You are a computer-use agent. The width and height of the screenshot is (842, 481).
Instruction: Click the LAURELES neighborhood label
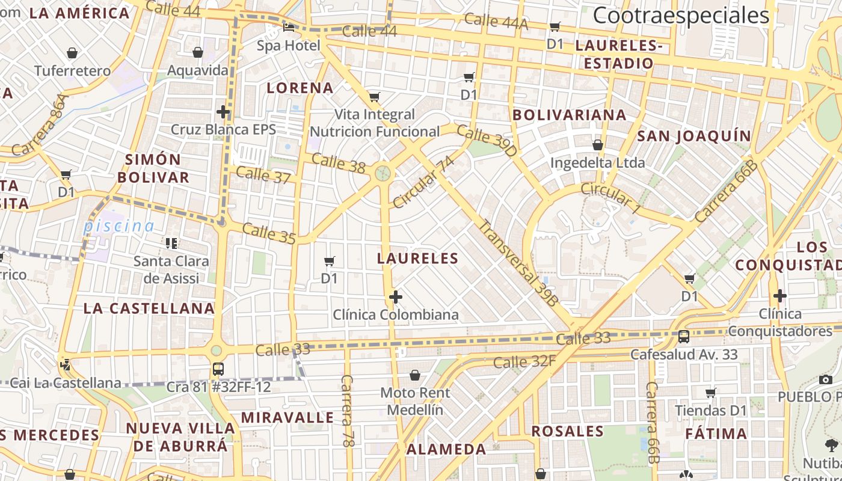pyautogui.click(x=417, y=259)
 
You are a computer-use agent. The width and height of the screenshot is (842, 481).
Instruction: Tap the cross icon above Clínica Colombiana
pyautogui.click(x=396, y=296)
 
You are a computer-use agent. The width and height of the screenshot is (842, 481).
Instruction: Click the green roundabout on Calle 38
pyautogui.click(x=383, y=173)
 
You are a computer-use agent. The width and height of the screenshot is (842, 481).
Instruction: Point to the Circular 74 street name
pyautogui.click(x=423, y=182)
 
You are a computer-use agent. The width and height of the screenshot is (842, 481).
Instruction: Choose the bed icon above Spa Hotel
pyautogui.click(x=289, y=27)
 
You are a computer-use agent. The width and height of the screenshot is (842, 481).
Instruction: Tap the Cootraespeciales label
pyautogui.click(x=681, y=16)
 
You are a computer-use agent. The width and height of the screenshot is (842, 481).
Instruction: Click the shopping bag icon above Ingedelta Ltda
pyautogui.click(x=598, y=145)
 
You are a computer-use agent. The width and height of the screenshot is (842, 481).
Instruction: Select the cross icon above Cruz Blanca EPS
pyautogui.click(x=223, y=111)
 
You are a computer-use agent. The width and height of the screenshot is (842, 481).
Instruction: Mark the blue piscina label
pyautogui.click(x=118, y=226)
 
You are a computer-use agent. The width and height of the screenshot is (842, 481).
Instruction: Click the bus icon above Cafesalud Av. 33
pyautogui.click(x=684, y=336)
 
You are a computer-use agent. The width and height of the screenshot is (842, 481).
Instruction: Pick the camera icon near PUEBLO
pyautogui.click(x=826, y=379)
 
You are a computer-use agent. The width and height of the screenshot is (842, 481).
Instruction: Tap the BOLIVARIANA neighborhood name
pyautogui.click(x=569, y=114)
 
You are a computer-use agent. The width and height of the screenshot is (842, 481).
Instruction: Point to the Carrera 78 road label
pyautogui.click(x=347, y=411)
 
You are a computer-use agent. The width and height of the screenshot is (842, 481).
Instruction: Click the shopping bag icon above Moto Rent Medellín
pyautogui.click(x=415, y=376)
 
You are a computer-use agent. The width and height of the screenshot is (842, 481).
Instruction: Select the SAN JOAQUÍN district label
pyautogui.click(x=694, y=136)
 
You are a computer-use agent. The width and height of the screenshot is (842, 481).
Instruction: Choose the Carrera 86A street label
pyautogui.click(x=40, y=125)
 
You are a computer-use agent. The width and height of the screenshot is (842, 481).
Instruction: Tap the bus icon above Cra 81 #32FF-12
pyautogui.click(x=218, y=369)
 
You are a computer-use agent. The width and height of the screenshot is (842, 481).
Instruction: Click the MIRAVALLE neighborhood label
pyautogui.click(x=287, y=417)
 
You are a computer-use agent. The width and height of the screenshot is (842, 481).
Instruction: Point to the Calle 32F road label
pyautogui.click(x=524, y=362)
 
